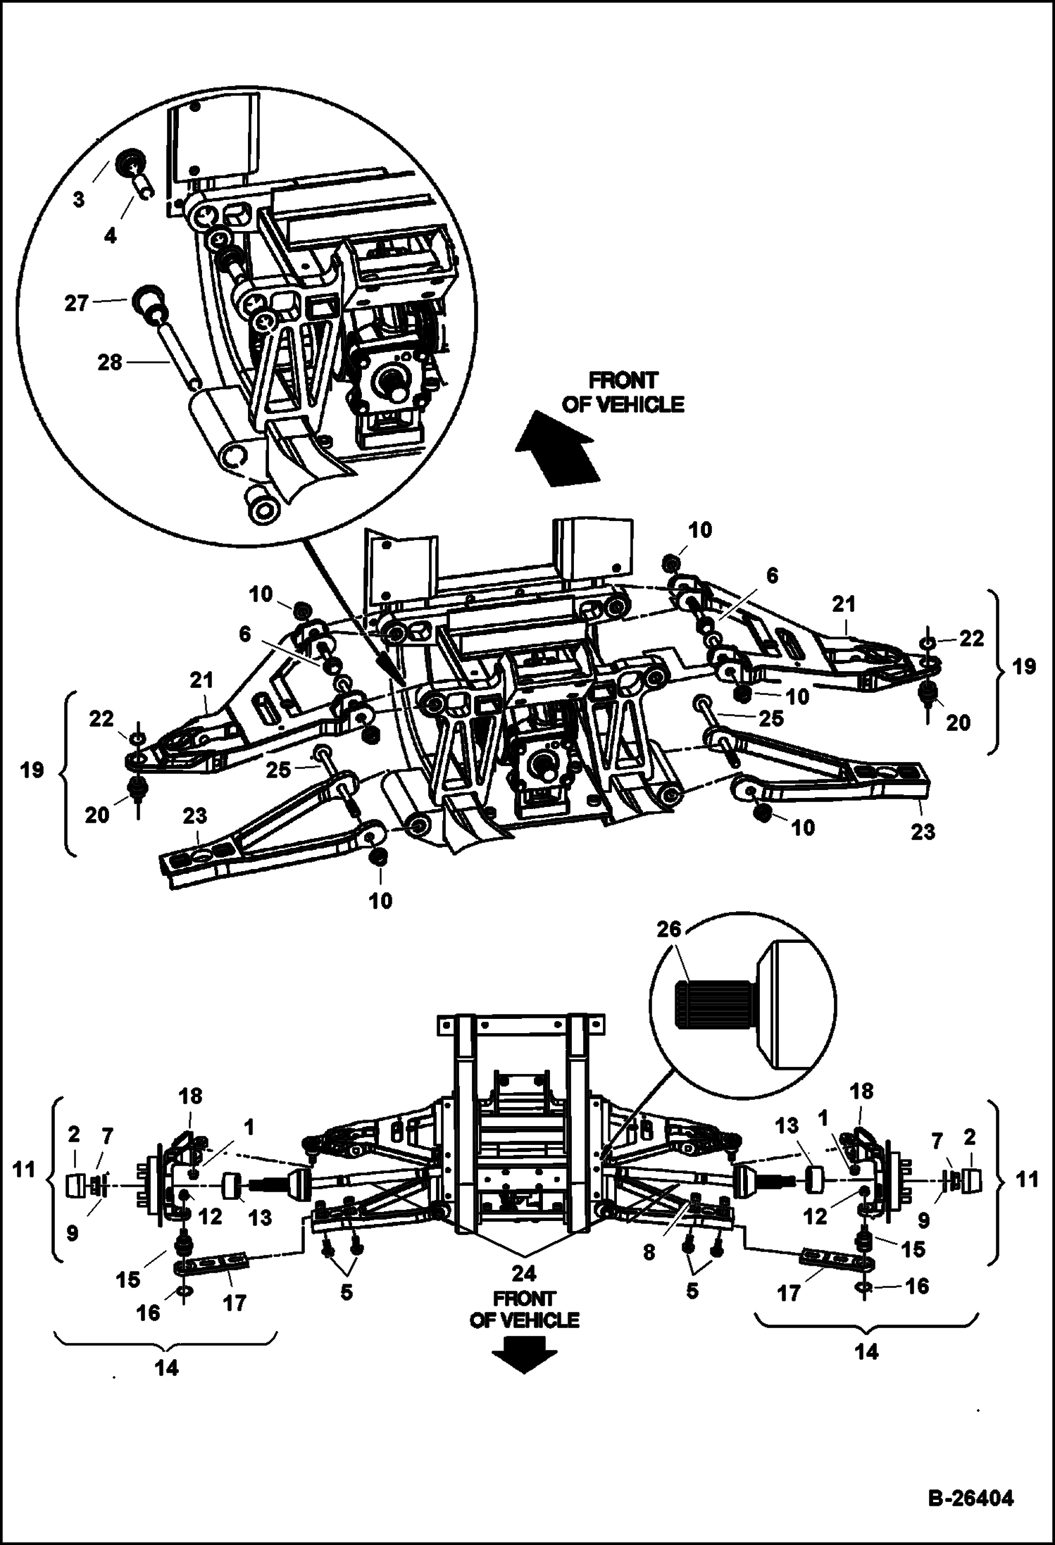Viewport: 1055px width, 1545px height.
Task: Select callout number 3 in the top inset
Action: pos(78,199)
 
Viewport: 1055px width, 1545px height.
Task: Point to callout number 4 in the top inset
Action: pos(110,236)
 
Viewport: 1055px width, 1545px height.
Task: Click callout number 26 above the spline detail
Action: pos(669,930)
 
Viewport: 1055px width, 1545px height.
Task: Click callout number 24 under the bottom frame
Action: pos(524,1272)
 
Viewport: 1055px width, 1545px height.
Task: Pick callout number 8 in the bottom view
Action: pos(649,1251)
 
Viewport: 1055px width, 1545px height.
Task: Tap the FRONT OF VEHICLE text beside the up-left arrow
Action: pos(623,392)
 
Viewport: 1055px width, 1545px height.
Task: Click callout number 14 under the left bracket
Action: pos(166,1368)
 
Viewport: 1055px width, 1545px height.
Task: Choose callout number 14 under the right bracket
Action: pos(866,1351)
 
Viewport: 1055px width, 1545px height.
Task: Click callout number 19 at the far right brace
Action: pos(1025,666)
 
